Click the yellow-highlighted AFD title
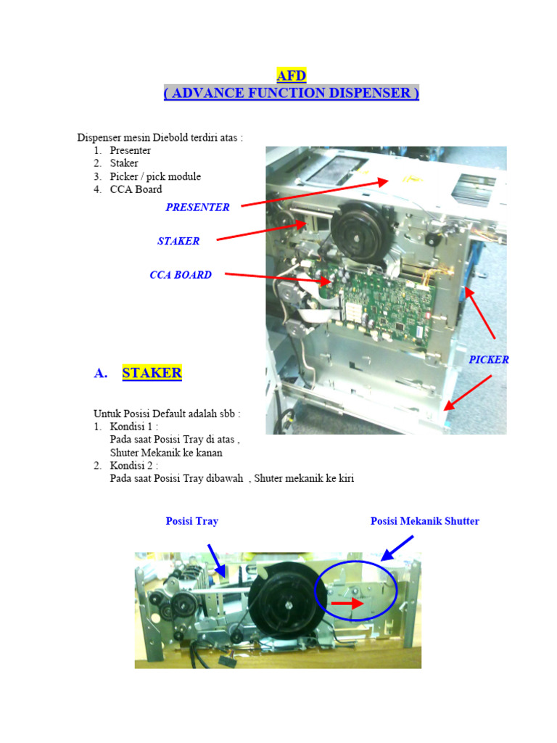tap(292, 75)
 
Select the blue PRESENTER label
tap(197, 207)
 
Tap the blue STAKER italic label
tap(178, 241)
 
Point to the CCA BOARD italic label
tap(181, 275)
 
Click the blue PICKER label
tap(489, 360)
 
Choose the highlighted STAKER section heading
tap(152, 373)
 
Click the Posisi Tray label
tap(191, 521)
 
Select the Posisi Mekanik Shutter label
tap(425, 521)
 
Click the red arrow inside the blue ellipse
tap(347, 603)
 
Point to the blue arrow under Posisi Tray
tap(216, 560)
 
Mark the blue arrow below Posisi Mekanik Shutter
tap(397, 549)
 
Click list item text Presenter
tap(131, 150)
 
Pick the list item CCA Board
tap(136, 189)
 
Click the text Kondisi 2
tap(131, 465)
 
